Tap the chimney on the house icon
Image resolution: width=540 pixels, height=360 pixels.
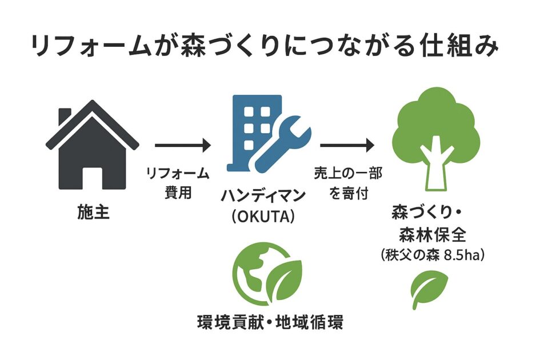[65, 117]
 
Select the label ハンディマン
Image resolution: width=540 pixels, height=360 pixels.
[263, 195]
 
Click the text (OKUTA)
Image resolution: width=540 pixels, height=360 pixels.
[263, 217]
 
